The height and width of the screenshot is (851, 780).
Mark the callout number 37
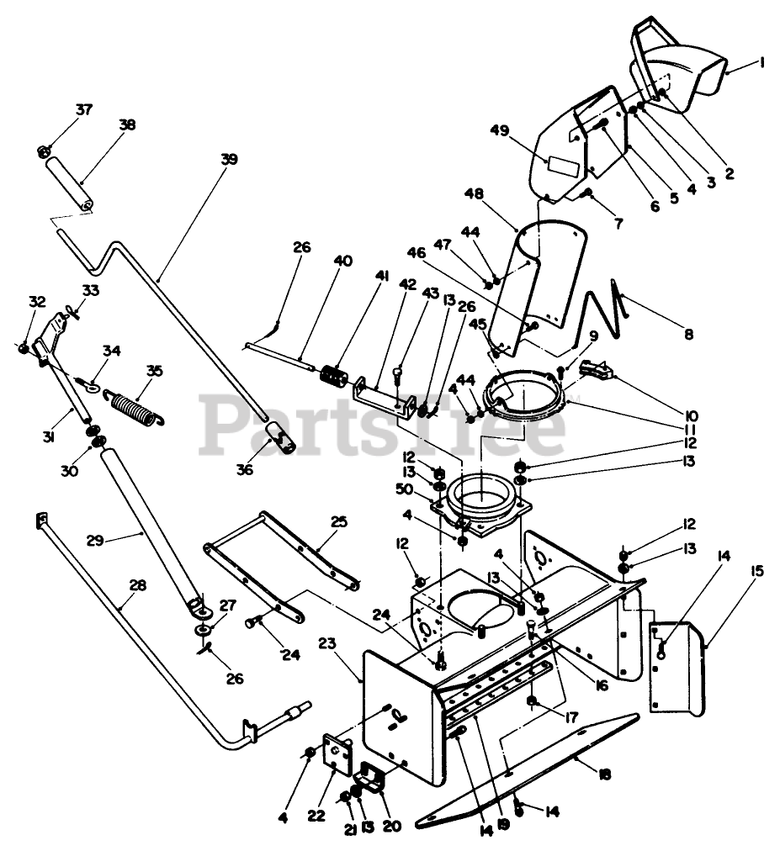[x=83, y=110]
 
